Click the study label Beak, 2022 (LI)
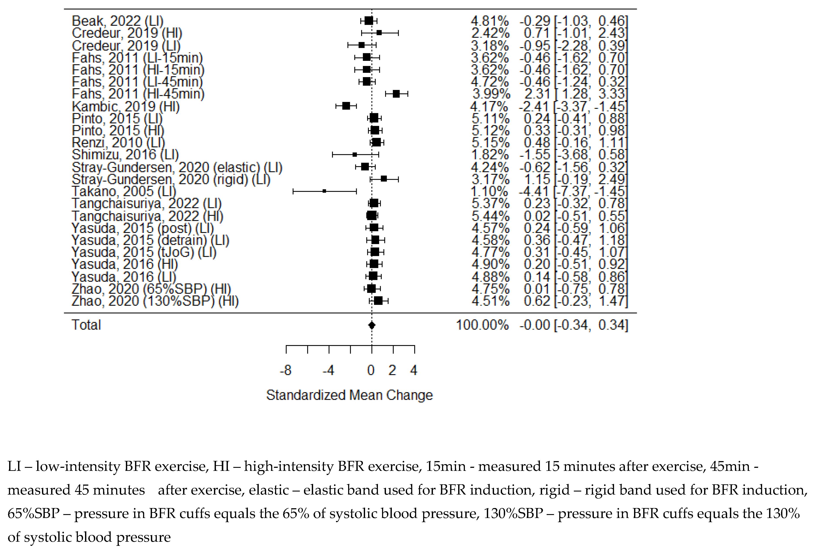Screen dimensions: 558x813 tap(118, 21)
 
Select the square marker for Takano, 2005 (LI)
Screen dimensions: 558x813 tap(324, 191)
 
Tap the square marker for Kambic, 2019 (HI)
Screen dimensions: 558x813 tap(346, 106)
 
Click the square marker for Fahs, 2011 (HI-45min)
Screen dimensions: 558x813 tap(396, 94)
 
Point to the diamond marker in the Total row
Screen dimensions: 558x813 tap(372, 325)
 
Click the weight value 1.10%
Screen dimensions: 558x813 tap(489, 191)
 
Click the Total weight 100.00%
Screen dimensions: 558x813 tap(482, 325)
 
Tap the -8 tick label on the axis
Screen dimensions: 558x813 tap(286, 370)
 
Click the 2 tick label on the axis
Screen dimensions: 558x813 tap(392, 370)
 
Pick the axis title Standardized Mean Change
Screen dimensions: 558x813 tap(349, 395)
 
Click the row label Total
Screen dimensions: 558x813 tap(86, 325)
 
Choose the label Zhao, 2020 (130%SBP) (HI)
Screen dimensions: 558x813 tap(155, 301)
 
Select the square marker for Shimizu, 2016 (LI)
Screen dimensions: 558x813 tap(354, 154)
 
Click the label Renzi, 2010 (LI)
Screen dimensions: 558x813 tap(118, 143)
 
